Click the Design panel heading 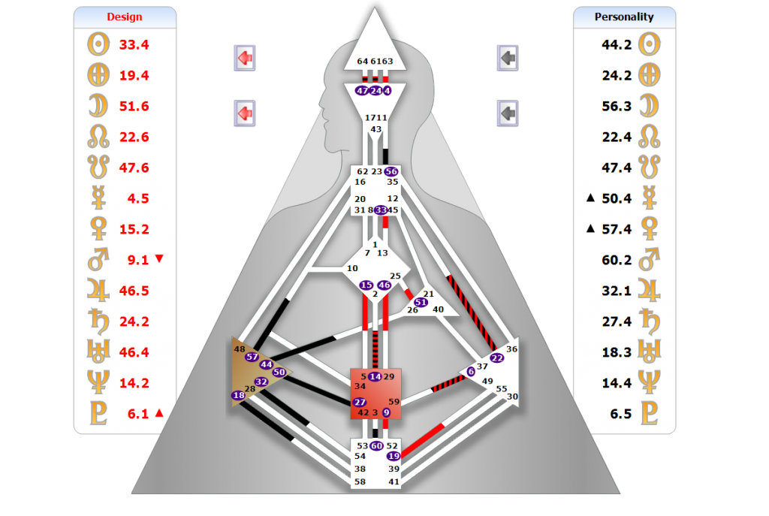125,17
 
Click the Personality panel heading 624,17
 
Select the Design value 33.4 134,44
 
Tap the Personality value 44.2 617,44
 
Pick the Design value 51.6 134,106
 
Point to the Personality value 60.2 617,260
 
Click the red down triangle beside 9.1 158,259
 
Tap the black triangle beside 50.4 591,198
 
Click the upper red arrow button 244,56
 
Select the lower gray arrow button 508,113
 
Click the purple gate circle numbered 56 391,171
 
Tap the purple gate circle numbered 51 421,302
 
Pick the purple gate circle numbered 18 239,396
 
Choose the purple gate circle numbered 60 377,446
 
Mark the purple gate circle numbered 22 496,358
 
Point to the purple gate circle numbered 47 362,91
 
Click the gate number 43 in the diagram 376,129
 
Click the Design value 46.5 134,291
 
